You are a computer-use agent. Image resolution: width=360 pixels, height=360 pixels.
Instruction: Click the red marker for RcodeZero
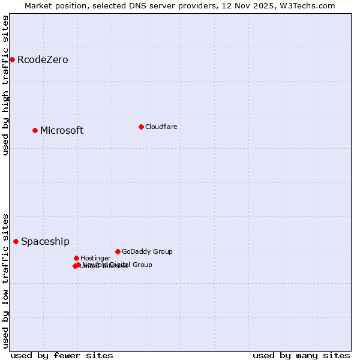(x=12, y=59)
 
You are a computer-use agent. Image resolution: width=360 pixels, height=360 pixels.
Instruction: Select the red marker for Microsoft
(x=35, y=130)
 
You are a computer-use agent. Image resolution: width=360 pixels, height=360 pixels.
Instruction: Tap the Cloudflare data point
(x=141, y=127)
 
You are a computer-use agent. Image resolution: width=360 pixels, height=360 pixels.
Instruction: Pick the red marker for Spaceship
(x=16, y=241)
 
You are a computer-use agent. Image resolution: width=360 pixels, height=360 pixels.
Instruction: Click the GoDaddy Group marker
(x=118, y=251)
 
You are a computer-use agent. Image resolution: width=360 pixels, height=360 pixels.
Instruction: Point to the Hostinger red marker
(x=76, y=258)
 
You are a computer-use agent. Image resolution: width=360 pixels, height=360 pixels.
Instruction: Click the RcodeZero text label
(x=43, y=60)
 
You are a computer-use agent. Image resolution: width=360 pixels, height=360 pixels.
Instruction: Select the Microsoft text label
(x=62, y=131)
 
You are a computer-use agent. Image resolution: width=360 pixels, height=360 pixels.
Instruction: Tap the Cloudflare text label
(x=161, y=127)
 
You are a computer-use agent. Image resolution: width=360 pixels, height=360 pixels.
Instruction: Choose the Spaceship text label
(x=45, y=242)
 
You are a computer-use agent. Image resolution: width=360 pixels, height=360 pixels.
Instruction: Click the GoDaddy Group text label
(x=147, y=252)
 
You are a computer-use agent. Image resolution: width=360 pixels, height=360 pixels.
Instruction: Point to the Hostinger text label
(x=95, y=259)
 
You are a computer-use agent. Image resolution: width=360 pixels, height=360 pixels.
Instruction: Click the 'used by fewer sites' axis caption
(x=62, y=355)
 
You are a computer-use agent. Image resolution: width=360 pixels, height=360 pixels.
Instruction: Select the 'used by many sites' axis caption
(x=301, y=355)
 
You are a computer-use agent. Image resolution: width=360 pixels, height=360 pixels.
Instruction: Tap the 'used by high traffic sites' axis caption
(x=5, y=85)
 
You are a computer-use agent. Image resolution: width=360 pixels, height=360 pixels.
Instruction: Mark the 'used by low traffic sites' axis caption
(x=5, y=281)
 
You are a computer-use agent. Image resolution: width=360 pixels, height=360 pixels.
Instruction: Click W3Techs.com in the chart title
(x=309, y=5)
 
